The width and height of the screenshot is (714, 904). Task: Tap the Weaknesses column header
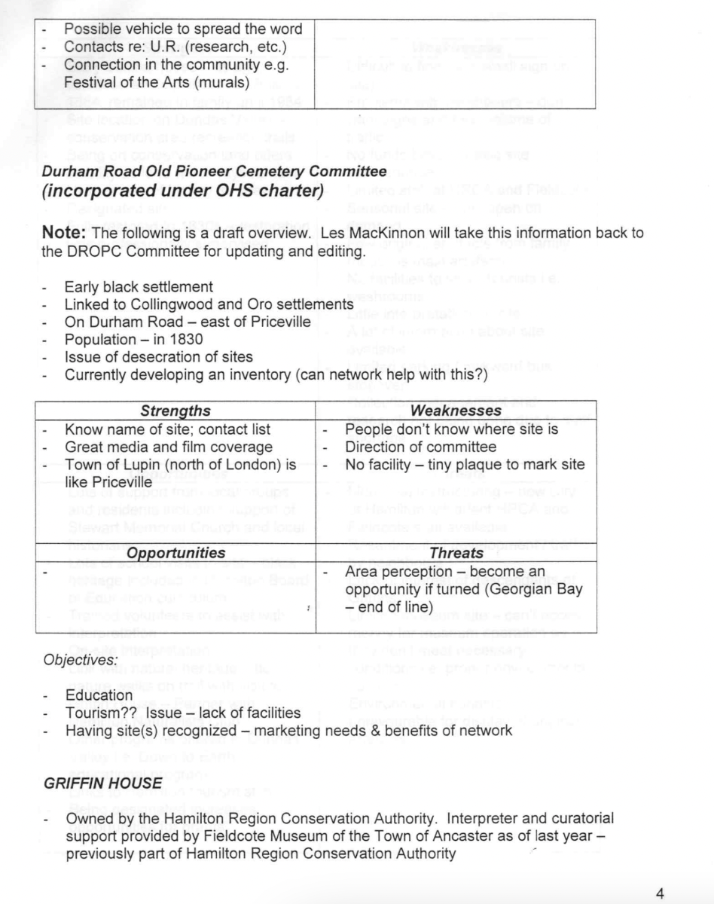point(456,411)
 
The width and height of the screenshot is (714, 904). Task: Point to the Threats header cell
point(456,553)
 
